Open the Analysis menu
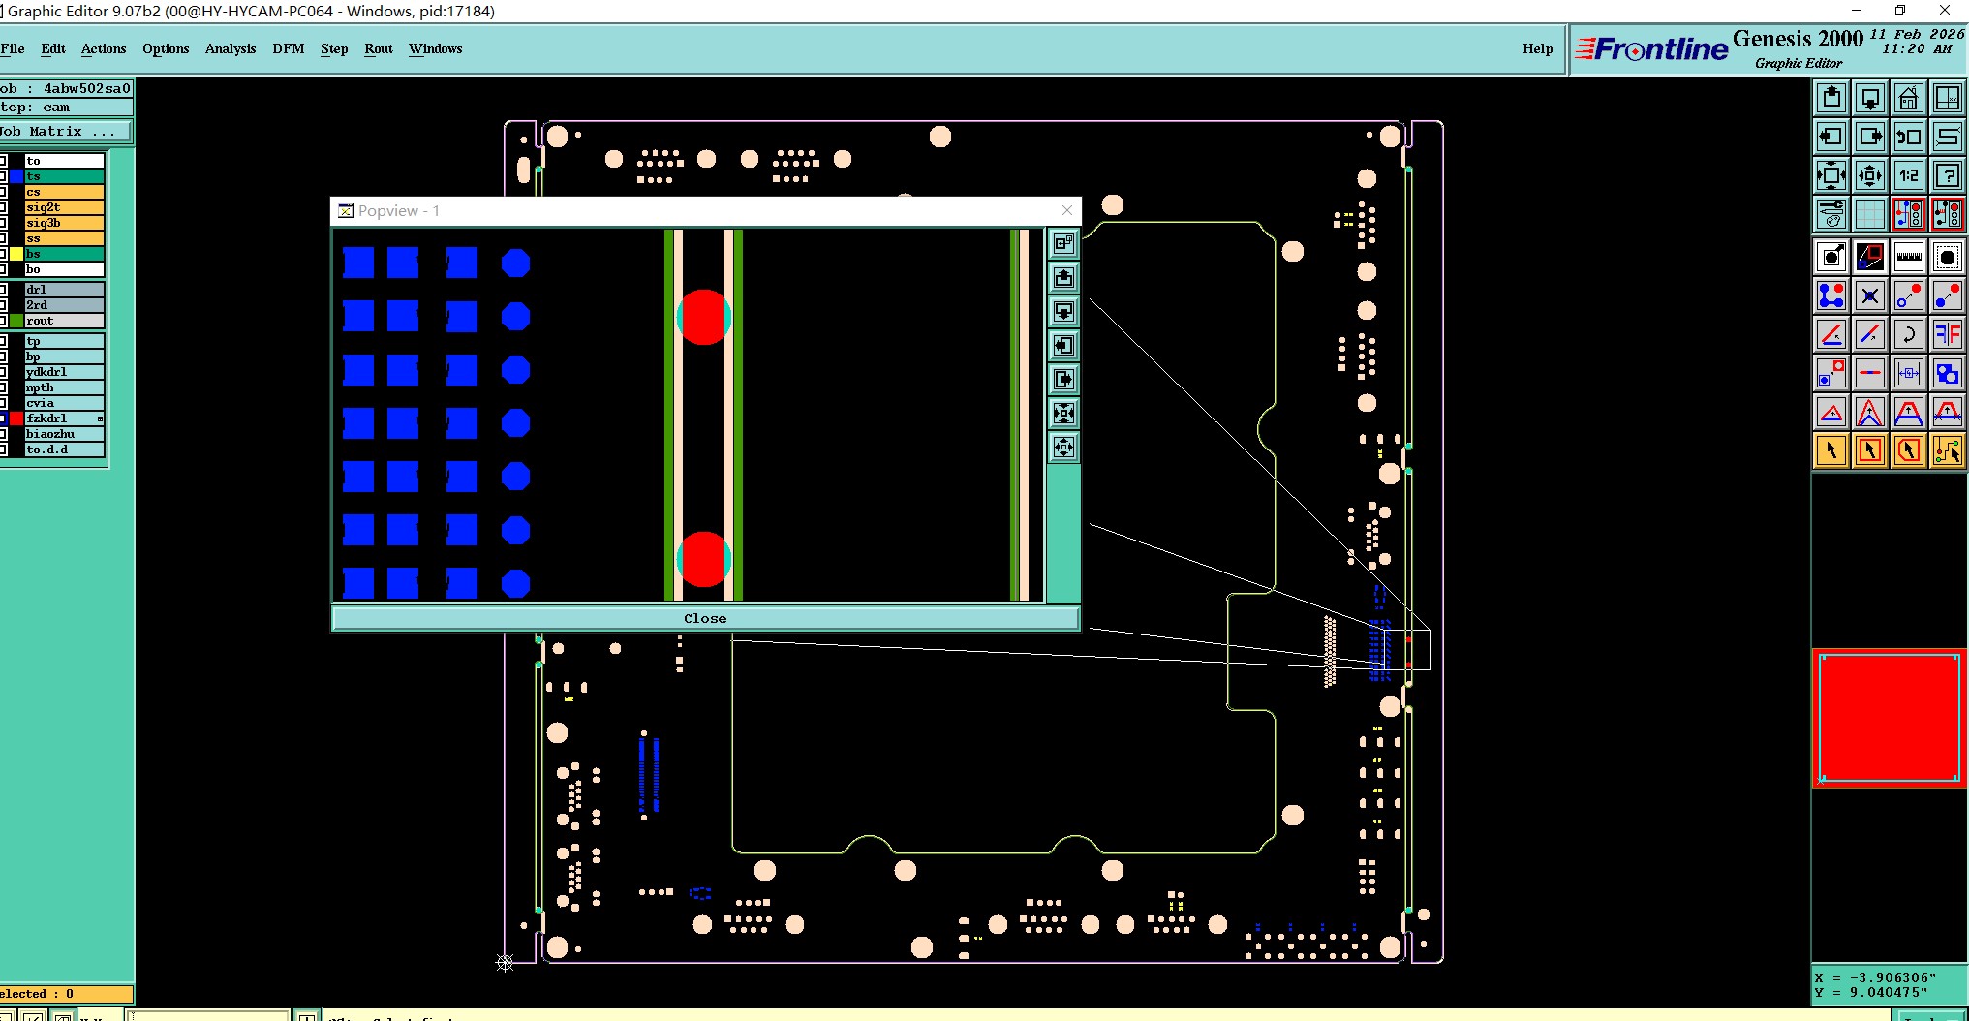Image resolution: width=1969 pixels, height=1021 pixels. pos(231,48)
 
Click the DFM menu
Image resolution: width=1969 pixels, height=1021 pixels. pos(289,48)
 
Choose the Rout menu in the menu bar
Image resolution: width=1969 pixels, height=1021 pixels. pos(379,48)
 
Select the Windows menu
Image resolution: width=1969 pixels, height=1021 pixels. pos(435,48)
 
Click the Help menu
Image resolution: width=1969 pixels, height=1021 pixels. pos(1537,48)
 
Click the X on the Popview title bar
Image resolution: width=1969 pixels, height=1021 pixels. pos(1066,210)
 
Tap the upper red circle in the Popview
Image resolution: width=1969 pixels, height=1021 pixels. pos(703,317)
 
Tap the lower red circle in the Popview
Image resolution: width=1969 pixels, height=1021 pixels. pos(703,559)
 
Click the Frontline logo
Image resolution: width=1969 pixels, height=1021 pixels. pos(1652,48)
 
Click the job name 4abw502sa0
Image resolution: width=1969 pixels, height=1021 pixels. pos(86,88)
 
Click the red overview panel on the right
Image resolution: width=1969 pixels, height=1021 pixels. pos(1889,717)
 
